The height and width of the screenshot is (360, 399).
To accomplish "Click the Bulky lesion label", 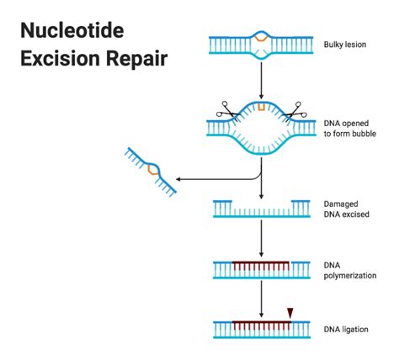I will (x=345, y=43).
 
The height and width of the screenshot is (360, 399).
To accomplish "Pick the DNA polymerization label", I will (x=349, y=269).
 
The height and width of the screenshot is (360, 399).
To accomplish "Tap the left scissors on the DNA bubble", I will (x=226, y=109).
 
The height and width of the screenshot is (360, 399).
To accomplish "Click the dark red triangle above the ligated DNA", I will (x=290, y=313).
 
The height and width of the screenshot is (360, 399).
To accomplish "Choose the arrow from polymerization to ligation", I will (x=262, y=299).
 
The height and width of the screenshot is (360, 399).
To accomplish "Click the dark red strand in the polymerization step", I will (x=261, y=263).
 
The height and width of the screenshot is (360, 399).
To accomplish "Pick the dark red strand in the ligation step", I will (x=261, y=322).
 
